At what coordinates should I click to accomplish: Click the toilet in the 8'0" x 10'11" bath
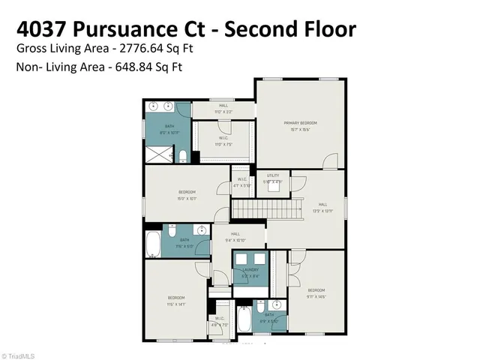click(183, 156)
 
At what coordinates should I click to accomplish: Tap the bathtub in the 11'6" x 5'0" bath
click(154, 244)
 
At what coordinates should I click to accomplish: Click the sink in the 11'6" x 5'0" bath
click(200, 229)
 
